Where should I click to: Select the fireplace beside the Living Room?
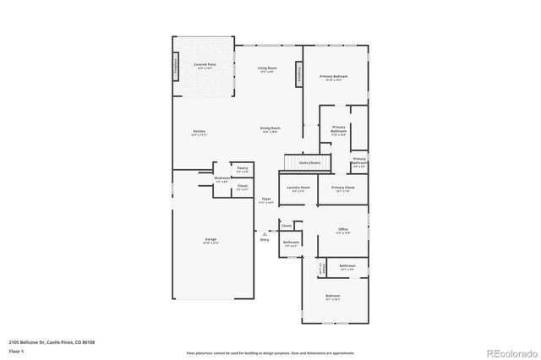[298, 74]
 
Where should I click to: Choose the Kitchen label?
[199, 133]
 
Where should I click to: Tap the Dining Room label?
[270, 129]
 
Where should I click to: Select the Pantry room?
[242, 169]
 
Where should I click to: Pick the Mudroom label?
[221, 179]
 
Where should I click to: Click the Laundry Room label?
[299, 188]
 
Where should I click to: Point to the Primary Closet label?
[342, 188]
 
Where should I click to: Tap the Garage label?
[211, 240]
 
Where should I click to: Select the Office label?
[342, 230]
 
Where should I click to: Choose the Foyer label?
[265, 201]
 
